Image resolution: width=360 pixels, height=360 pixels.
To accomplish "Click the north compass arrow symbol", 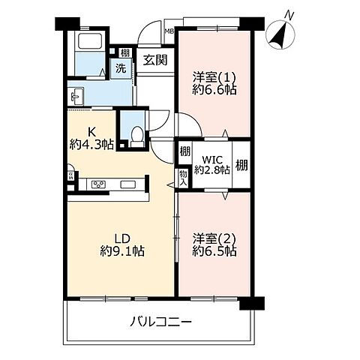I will [x=279, y=32].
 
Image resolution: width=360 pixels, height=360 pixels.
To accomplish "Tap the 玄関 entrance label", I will [x=155, y=60].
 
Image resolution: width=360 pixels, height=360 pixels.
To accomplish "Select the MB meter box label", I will [x=169, y=31].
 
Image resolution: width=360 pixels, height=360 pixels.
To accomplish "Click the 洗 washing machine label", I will [x=120, y=69].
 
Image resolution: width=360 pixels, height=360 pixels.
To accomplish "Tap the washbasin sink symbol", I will [x=76, y=95].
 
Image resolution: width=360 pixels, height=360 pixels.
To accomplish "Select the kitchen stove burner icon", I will [x=100, y=184].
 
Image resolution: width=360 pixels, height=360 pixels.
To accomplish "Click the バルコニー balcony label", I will [x=160, y=322].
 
